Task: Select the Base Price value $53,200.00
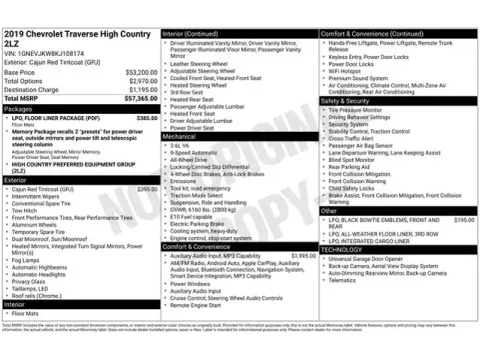point(139,73)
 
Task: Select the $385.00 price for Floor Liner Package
point(147,118)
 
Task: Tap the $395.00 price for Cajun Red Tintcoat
point(147,188)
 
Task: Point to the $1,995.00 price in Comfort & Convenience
point(302,256)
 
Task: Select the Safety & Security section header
point(345,101)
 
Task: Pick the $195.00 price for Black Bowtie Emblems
point(464,218)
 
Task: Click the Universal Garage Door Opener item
point(371,258)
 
